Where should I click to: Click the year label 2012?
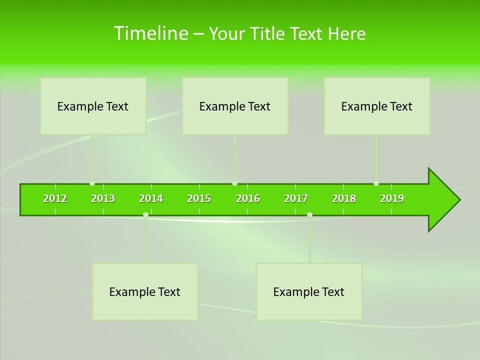(x=55, y=198)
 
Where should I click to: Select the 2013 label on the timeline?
(x=103, y=198)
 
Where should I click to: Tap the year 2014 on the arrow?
(x=151, y=198)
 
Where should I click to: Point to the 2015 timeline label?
(x=199, y=198)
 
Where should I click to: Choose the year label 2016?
(x=248, y=198)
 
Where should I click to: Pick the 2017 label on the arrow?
(x=296, y=198)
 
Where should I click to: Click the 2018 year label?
(x=344, y=198)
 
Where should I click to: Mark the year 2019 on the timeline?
(x=392, y=198)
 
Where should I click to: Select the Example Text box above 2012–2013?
(x=93, y=106)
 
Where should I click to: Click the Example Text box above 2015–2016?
(x=235, y=106)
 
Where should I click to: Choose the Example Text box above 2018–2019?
(x=377, y=106)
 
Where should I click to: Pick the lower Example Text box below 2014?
(x=145, y=291)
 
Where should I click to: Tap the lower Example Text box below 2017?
(x=309, y=291)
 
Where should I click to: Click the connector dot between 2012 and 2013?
(x=92, y=183)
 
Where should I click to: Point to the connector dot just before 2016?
(x=234, y=183)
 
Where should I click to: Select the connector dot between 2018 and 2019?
(x=376, y=183)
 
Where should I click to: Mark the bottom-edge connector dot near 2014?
(x=145, y=215)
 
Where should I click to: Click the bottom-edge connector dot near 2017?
(x=309, y=215)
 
